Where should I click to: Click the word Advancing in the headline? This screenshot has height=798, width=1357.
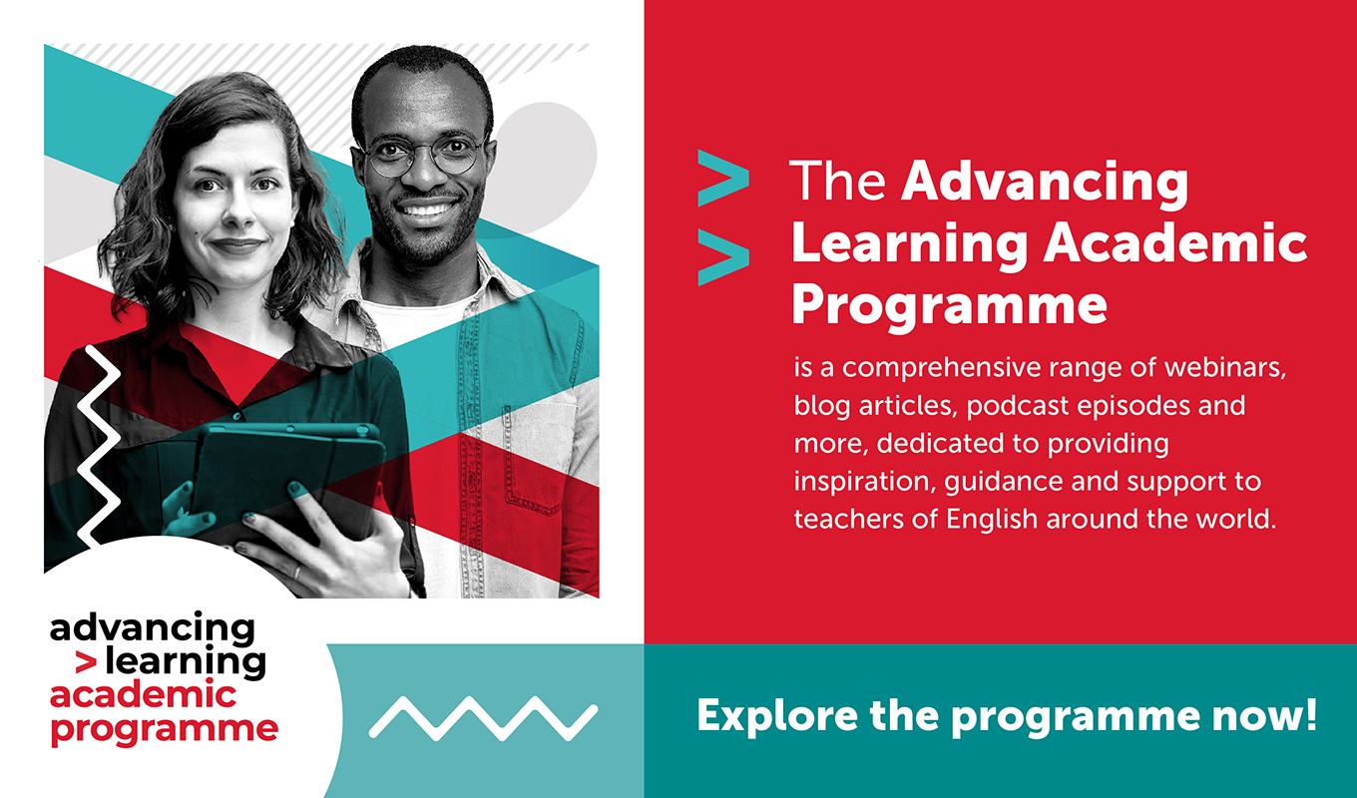tap(1045, 183)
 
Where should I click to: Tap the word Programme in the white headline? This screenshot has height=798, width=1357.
tap(949, 306)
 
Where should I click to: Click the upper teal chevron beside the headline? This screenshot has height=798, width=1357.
tap(723, 178)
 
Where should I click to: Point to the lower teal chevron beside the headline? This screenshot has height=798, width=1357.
tap(723, 256)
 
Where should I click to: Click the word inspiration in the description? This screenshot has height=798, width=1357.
tap(864, 482)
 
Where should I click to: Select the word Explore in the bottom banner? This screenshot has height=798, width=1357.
tap(777, 716)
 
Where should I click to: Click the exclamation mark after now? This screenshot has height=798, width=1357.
tap(1310, 714)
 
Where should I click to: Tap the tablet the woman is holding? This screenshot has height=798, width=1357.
tap(287, 479)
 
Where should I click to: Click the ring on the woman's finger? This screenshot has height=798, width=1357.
tap(296, 573)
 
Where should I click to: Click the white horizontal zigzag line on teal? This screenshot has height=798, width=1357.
tap(483, 718)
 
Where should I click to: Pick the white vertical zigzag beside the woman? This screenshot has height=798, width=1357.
tap(98, 446)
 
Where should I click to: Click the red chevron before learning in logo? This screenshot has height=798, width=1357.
tap(86, 663)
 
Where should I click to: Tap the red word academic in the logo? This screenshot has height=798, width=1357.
tap(143, 694)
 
